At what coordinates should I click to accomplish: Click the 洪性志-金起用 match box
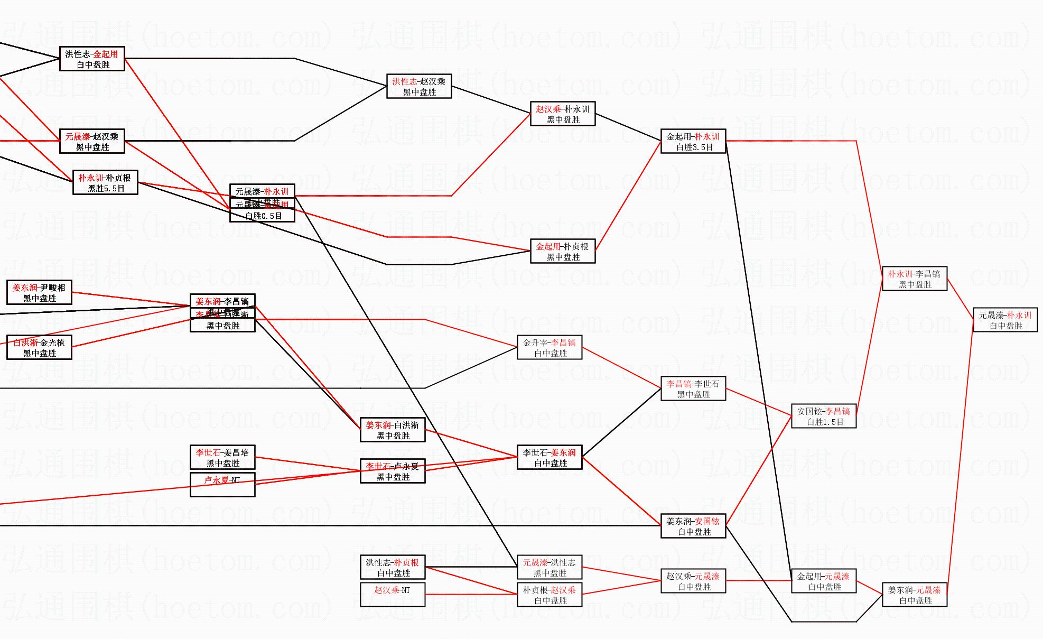(x=92, y=59)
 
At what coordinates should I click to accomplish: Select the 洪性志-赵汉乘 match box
(x=419, y=87)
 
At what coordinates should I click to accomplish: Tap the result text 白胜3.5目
(x=694, y=147)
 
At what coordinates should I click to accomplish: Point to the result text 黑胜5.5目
(x=106, y=188)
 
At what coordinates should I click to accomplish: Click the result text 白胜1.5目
(x=824, y=422)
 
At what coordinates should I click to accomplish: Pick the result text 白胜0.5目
(x=263, y=216)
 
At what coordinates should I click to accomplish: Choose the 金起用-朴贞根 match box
(x=563, y=252)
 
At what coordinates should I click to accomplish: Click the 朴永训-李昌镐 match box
(x=914, y=279)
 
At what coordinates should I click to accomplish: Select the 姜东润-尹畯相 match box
(x=39, y=293)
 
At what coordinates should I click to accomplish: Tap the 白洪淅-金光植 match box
(x=39, y=348)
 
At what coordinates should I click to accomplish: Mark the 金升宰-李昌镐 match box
(x=550, y=348)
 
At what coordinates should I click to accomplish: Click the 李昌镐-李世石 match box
(x=693, y=389)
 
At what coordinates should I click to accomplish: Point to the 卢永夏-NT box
(x=222, y=485)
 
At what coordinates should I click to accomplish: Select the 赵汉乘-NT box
(x=393, y=595)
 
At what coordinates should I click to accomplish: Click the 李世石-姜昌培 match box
(x=222, y=458)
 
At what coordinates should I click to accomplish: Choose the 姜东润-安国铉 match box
(x=693, y=526)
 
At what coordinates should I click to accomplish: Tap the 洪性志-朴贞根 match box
(x=393, y=568)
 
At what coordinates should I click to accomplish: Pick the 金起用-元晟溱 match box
(x=823, y=581)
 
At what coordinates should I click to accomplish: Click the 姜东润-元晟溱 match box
(x=914, y=595)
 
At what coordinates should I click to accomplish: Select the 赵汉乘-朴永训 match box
(x=563, y=114)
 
